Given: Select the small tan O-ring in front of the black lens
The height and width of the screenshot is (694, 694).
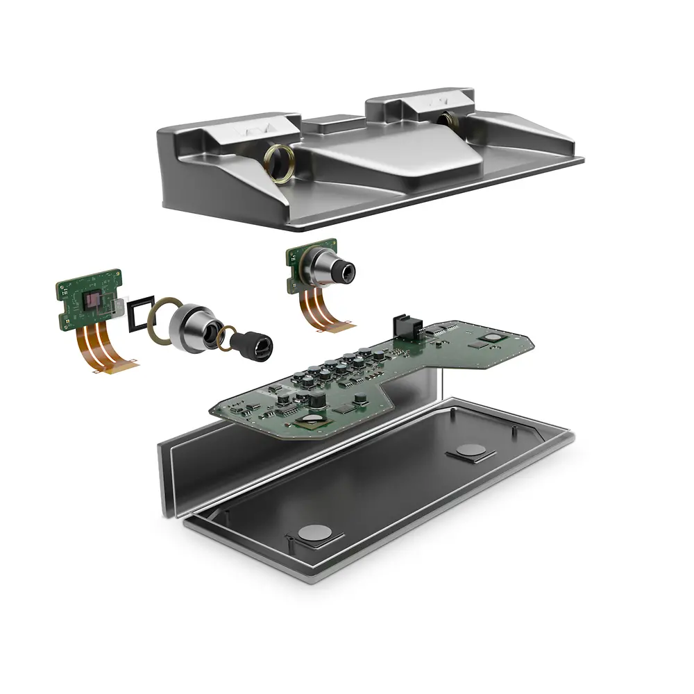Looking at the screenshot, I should pyautogui.click(x=223, y=337).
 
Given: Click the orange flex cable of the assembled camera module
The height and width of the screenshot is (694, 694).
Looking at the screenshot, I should pyautogui.click(x=323, y=309).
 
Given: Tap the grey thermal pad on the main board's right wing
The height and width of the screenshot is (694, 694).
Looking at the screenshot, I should pyautogui.click(x=493, y=337).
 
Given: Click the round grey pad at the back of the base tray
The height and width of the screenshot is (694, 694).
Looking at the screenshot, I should pyautogui.click(x=471, y=450).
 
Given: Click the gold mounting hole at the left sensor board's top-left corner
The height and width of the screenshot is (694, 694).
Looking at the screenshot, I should pyautogui.click(x=62, y=286).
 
